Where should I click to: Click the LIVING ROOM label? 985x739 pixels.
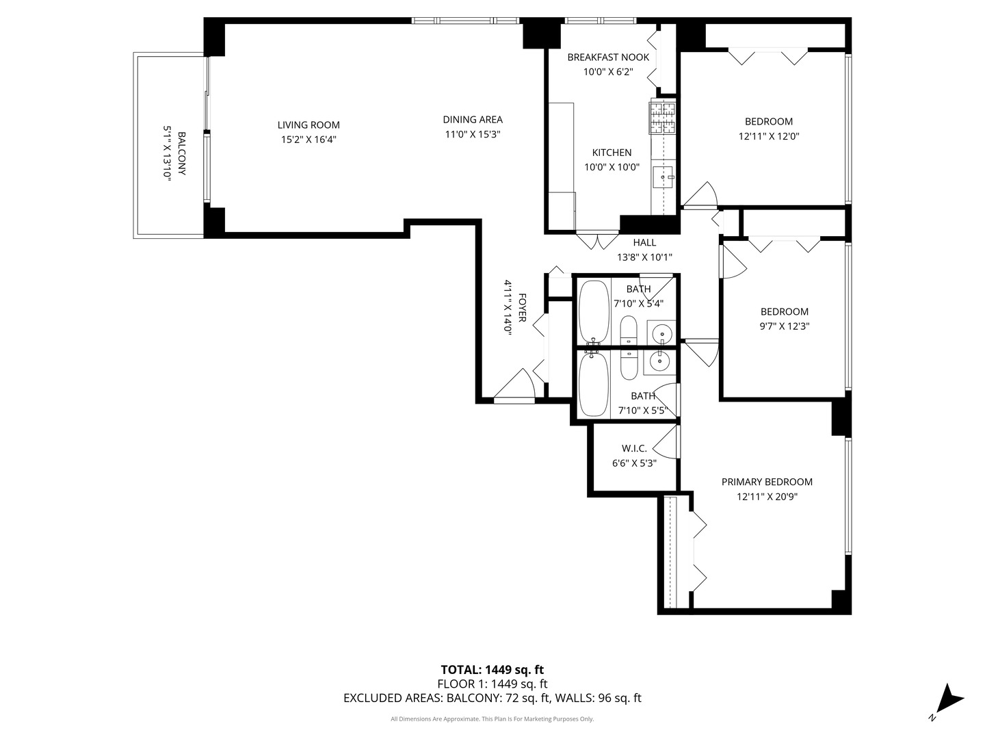click(x=308, y=125)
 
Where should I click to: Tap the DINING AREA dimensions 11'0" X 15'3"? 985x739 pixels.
click(x=473, y=134)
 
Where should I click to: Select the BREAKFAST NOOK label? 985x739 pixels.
click(x=608, y=57)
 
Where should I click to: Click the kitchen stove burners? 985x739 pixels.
click(x=662, y=118)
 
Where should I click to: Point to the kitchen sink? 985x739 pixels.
click(x=664, y=177)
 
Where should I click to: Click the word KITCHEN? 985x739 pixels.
click(x=612, y=153)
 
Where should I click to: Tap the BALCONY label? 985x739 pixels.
click(x=182, y=153)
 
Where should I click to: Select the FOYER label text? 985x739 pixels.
click(x=522, y=307)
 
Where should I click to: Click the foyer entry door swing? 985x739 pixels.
click(x=514, y=384)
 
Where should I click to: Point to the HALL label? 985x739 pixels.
click(x=644, y=243)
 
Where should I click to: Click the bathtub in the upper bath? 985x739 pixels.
click(x=594, y=313)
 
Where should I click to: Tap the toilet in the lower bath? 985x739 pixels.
click(x=629, y=364)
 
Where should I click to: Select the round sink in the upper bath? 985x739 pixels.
click(x=661, y=333)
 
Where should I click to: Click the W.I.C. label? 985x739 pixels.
click(x=634, y=448)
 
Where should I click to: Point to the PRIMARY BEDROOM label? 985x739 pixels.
click(x=767, y=482)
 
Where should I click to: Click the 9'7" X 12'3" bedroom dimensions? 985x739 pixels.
click(x=785, y=326)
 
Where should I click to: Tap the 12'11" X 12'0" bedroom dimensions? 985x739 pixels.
click(x=769, y=136)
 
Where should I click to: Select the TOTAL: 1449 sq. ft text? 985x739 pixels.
click(x=492, y=670)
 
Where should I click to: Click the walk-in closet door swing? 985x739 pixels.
click(x=666, y=441)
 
